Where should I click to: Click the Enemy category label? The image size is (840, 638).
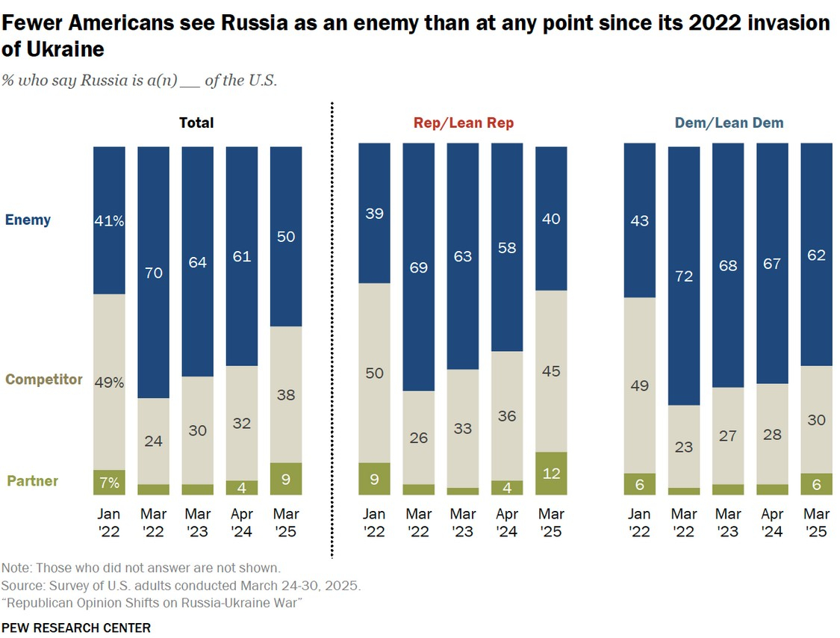click(28, 220)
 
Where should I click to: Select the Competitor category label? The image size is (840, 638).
click(44, 380)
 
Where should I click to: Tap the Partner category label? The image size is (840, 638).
click(33, 481)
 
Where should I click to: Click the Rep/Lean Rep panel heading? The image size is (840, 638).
click(464, 123)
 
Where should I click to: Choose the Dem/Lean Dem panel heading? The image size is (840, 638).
click(729, 123)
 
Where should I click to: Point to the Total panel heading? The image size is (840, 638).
click(196, 123)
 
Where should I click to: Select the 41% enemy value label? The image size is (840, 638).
click(109, 220)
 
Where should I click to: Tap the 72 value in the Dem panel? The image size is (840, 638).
click(684, 276)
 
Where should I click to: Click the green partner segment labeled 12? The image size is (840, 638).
click(552, 473)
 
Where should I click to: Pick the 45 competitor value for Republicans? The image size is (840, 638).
click(552, 371)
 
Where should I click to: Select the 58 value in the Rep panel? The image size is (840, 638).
click(508, 247)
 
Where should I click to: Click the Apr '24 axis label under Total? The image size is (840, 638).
click(241, 522)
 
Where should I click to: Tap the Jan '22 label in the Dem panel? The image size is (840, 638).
click(639, 522)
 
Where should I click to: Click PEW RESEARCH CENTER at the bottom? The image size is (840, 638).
click(76, 628)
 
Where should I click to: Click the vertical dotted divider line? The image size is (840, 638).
click(332, 336)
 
